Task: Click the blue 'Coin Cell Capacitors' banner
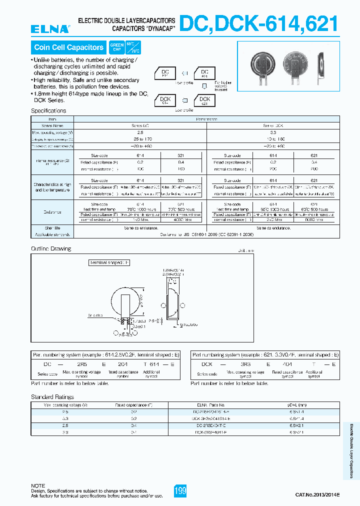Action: pyautogui.click(x=68, y=47)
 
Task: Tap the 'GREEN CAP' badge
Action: pyautogui.click(x=116, y=47)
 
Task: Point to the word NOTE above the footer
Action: pyautogui.click(x=38, y=485)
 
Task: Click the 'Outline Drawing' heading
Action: pyautogui.click(x=51, y=248)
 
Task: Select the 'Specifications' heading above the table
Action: pyautogui.click(x=48, y=110)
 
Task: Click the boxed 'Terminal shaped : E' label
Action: pyautogui.click(x=109, y=262)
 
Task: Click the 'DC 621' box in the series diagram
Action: pyautogui.click(x=204, y=74)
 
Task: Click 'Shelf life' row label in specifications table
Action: pyautogui.click(x=52, y=228)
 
